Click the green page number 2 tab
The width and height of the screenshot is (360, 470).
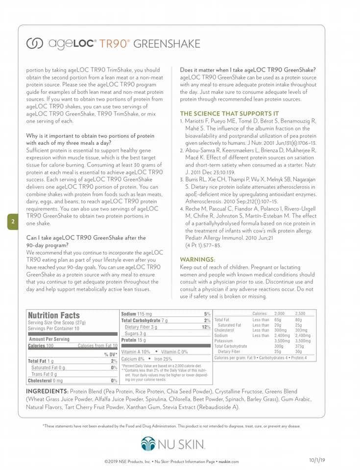coord(13,222)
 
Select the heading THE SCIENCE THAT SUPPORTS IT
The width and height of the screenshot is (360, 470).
coord(229,113)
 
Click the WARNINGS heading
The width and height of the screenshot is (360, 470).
coord(197,259)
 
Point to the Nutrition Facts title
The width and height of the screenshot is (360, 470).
coord(53,316)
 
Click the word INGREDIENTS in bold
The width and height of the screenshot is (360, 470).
coord(47,392)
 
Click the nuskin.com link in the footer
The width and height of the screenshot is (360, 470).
coord(228,461)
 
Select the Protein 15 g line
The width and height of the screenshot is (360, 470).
coord(133,340)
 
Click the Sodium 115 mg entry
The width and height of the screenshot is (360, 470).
coord(137,313)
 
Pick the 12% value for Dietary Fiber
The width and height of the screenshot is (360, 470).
coord(206,327)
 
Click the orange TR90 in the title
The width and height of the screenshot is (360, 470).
coord(114,44)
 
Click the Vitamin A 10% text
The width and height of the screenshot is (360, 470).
coord(136,352)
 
